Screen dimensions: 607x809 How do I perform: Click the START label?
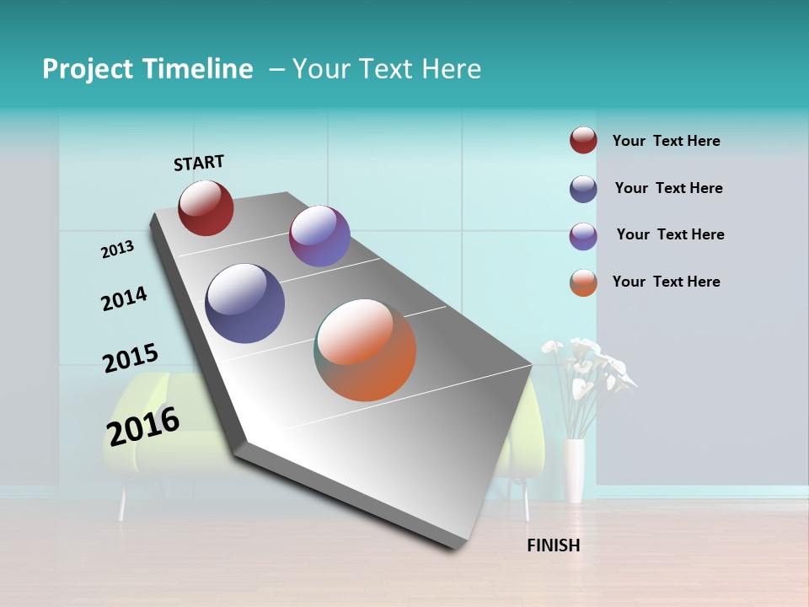point(199,163)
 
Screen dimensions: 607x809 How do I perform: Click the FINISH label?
point(553,545)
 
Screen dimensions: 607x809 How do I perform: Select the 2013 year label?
point(117,250)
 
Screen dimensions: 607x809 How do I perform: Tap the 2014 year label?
point(124,298)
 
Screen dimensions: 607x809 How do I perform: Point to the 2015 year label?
point(130,358)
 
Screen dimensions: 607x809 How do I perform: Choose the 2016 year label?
point(143,427)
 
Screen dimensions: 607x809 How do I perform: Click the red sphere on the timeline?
point(206,207)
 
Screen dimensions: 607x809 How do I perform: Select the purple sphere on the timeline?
point(319,236)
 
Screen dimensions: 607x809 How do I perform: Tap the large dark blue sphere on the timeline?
point(245,303)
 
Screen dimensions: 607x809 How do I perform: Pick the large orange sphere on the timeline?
point(365,350)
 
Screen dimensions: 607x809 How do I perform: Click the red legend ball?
point(583,140)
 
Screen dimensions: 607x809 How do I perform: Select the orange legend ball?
point(583,282)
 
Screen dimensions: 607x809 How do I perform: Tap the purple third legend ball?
point(583,236)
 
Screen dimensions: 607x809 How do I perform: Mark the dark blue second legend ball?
point(583,189)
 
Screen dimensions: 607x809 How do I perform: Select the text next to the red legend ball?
point(666,141)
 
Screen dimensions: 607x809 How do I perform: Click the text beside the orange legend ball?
point(666,282)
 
